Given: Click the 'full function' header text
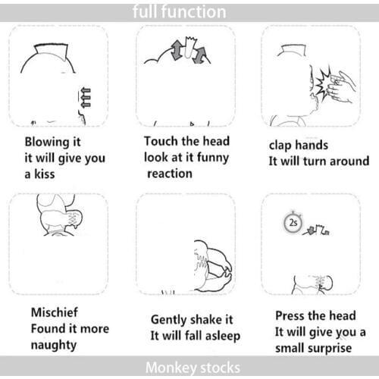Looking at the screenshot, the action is pos(180,12).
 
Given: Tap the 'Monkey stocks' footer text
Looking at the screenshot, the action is pos(193,368).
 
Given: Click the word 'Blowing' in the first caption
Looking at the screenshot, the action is pos(47,143).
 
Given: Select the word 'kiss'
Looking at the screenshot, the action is pos(44,174).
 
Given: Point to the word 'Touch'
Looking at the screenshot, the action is pos(161,141).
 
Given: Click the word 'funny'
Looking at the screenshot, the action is pos(213,158).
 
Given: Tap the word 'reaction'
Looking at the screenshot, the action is pos(170,174).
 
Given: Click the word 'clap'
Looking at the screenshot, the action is pos(280,146).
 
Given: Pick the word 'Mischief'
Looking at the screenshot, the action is pos(55,312).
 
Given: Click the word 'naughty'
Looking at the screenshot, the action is pos(54,345).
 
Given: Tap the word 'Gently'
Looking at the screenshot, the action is pos(168,320).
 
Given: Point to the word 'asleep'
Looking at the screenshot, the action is pos(223,337).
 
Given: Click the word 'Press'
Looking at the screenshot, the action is pos(290,315).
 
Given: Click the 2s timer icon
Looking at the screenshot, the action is pos(293,223).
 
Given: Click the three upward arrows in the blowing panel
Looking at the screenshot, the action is pos(85,98).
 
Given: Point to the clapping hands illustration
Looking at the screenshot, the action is pos(341,87).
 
